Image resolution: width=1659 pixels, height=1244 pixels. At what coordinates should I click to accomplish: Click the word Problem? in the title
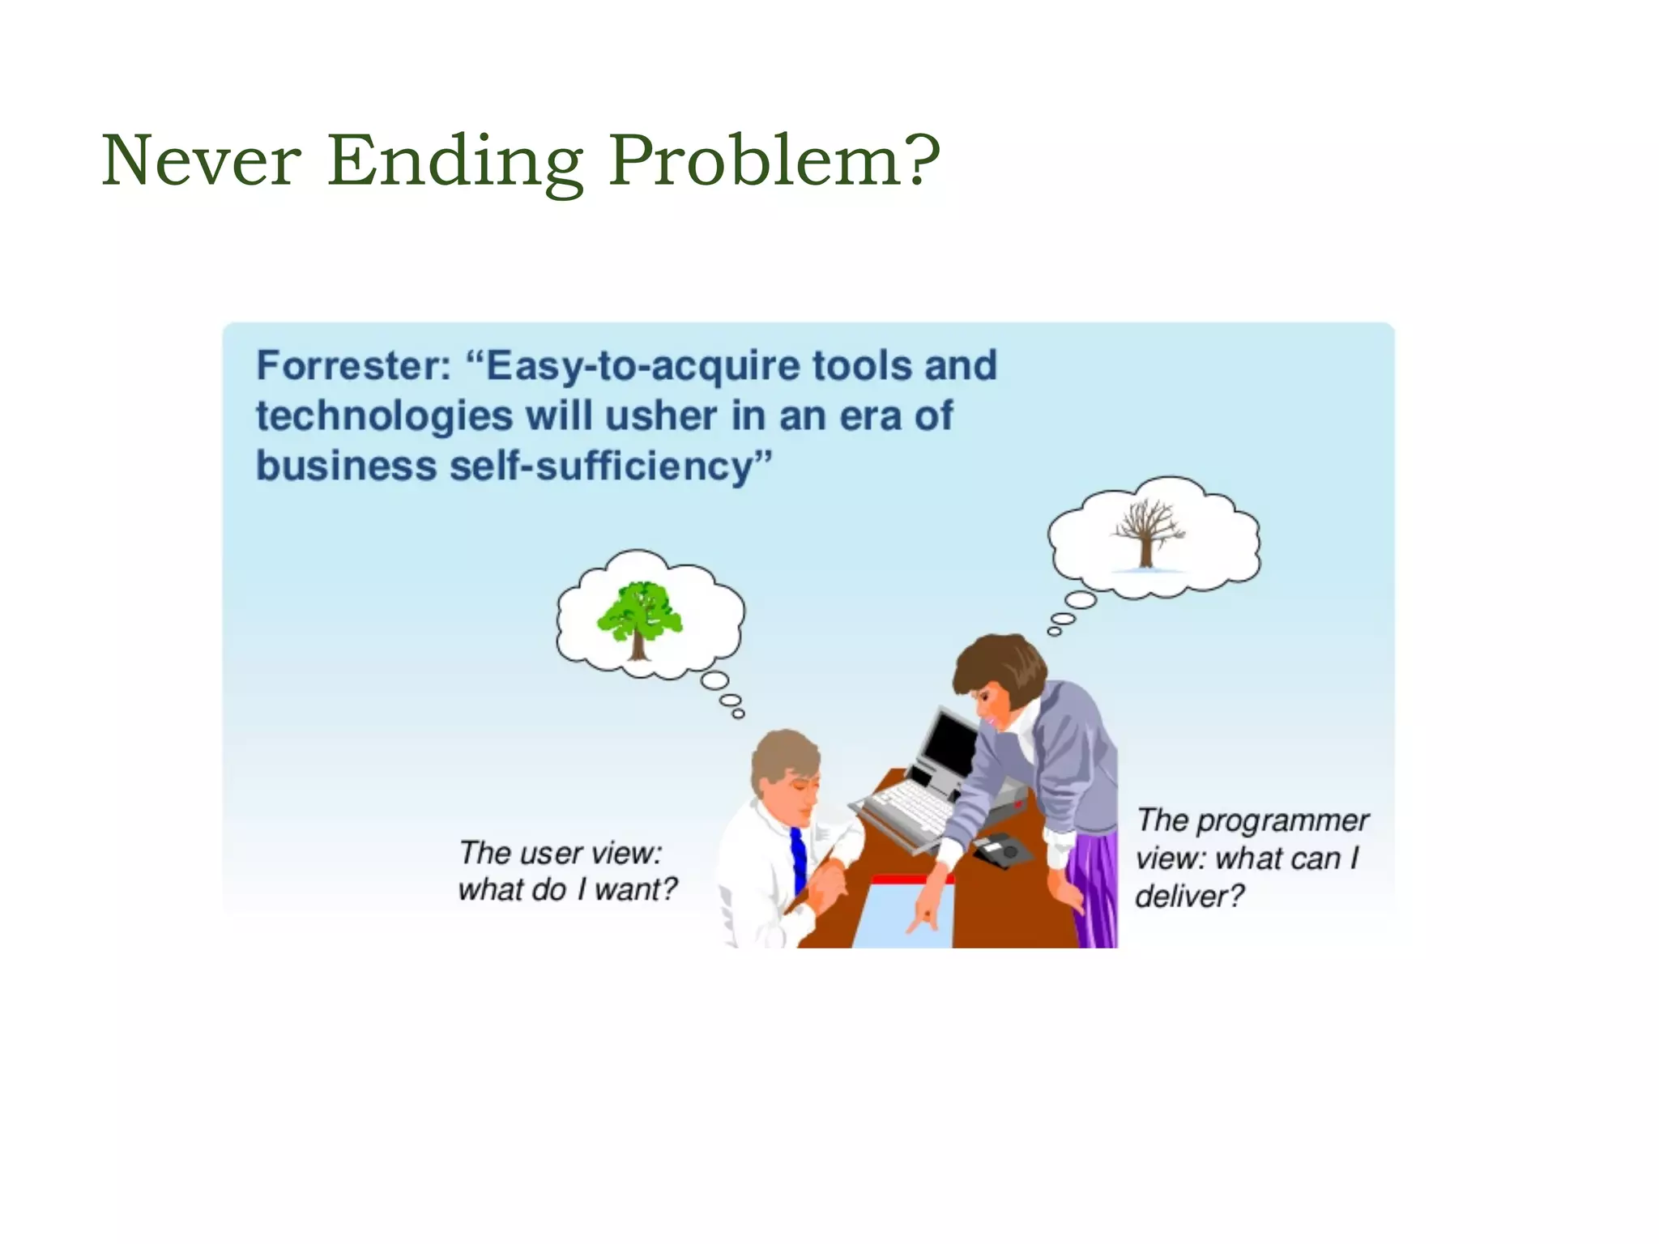(774, 161)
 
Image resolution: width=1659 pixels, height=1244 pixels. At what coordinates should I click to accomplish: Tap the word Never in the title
(201, 161)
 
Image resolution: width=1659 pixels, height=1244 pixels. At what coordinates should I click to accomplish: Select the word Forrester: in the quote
(354, 366)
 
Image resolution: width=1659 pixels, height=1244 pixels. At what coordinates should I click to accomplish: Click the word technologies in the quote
(384, 417)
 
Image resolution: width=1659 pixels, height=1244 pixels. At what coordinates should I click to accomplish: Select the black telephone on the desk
(1003, 850)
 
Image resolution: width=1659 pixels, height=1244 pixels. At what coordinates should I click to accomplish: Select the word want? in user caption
(635, 890)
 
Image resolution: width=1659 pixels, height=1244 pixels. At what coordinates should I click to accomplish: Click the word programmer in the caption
(1282, 821)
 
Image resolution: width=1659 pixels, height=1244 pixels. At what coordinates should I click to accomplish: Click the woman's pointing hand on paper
(926, 915)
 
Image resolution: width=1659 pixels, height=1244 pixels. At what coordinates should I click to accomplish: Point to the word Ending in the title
(455, 161)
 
